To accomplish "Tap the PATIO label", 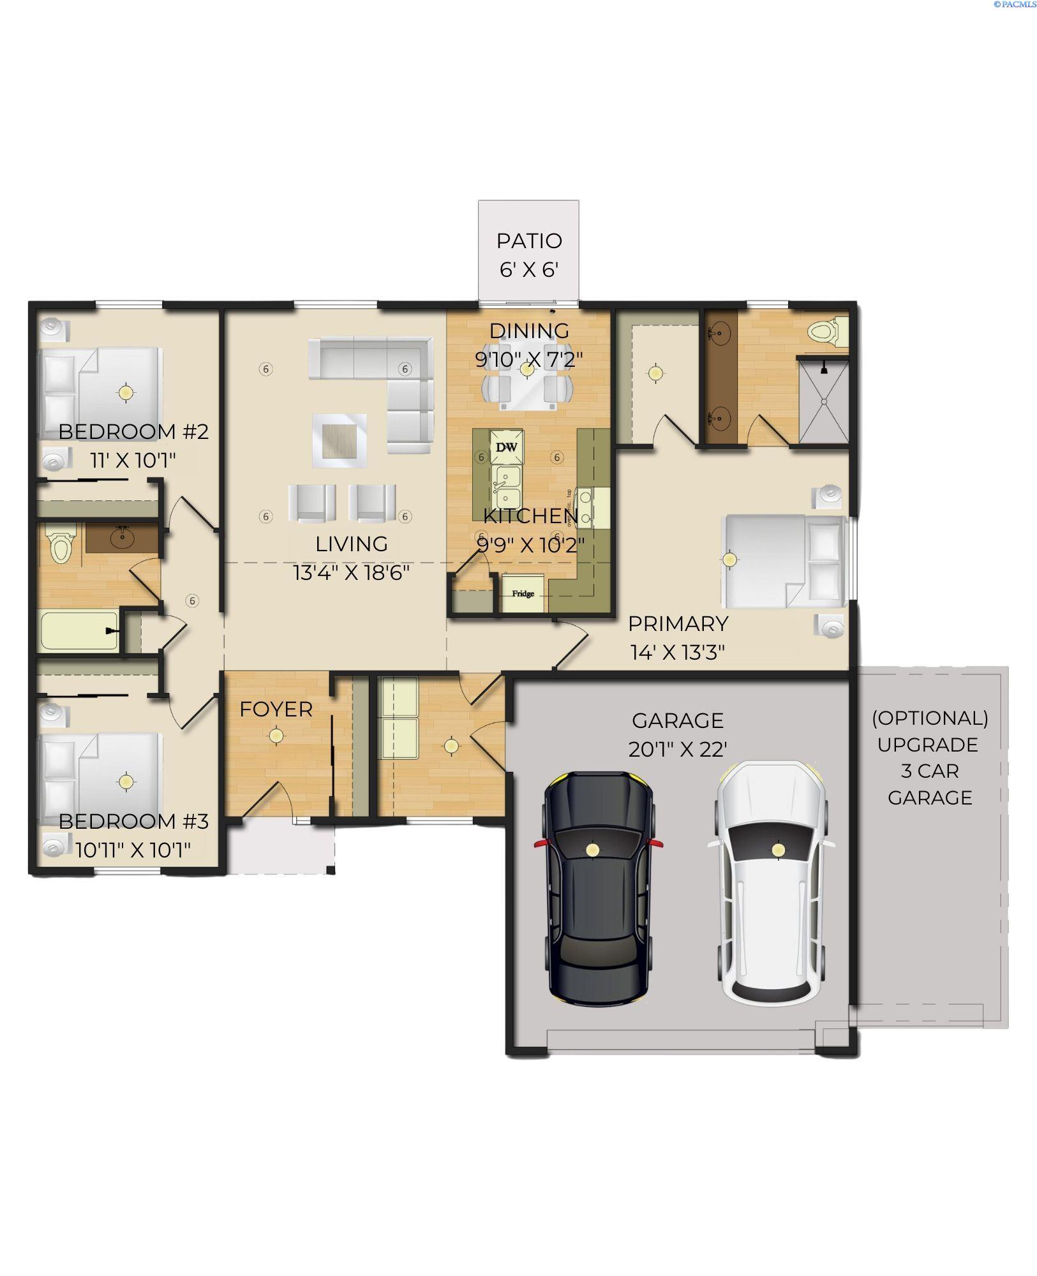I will (x=529, y=241).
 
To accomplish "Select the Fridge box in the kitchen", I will (x=523, y=593).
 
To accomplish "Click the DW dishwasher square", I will (x=507, y=447).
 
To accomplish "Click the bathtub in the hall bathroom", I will (x=78, y=631).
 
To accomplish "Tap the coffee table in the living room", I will (x=339, y=441).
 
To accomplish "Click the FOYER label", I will (x=276, y=709).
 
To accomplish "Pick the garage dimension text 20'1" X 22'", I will (x=678, y=749).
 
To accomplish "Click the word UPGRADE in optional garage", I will (x=930, y=745).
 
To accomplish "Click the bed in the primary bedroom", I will (x=785, y=561).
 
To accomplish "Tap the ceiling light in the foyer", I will (x=276, y=736).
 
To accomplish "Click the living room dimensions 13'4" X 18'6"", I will (x=351, y=572).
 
